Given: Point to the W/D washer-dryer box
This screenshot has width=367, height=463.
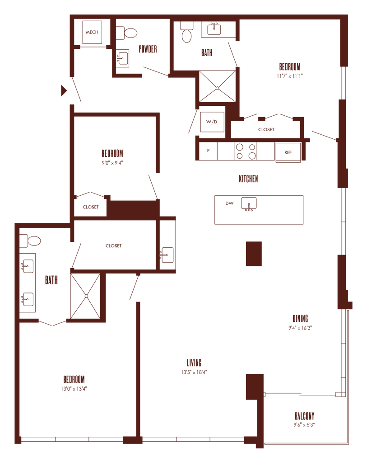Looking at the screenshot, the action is (x=212, y=122).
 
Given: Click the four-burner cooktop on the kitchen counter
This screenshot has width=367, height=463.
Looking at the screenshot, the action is (x=246, y=151).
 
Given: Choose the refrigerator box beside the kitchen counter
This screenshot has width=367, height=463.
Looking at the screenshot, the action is (x=288, y=153).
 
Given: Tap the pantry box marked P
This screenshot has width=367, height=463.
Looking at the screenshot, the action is (x=209, y=151).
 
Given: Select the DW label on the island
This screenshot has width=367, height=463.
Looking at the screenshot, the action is (x=229, y=203).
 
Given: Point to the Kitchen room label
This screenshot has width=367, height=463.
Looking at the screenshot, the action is (x=248, y=179).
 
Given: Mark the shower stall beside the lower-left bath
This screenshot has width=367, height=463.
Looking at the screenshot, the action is (x=86, y=296).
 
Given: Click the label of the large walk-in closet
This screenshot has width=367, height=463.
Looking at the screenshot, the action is (x=113, y=246).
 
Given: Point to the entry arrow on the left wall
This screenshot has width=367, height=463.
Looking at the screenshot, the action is (x=64, y=91).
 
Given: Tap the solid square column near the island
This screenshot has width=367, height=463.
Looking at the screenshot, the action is (x=254, y=254).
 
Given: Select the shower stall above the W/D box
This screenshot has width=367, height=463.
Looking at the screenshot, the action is (x=217, y=86).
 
